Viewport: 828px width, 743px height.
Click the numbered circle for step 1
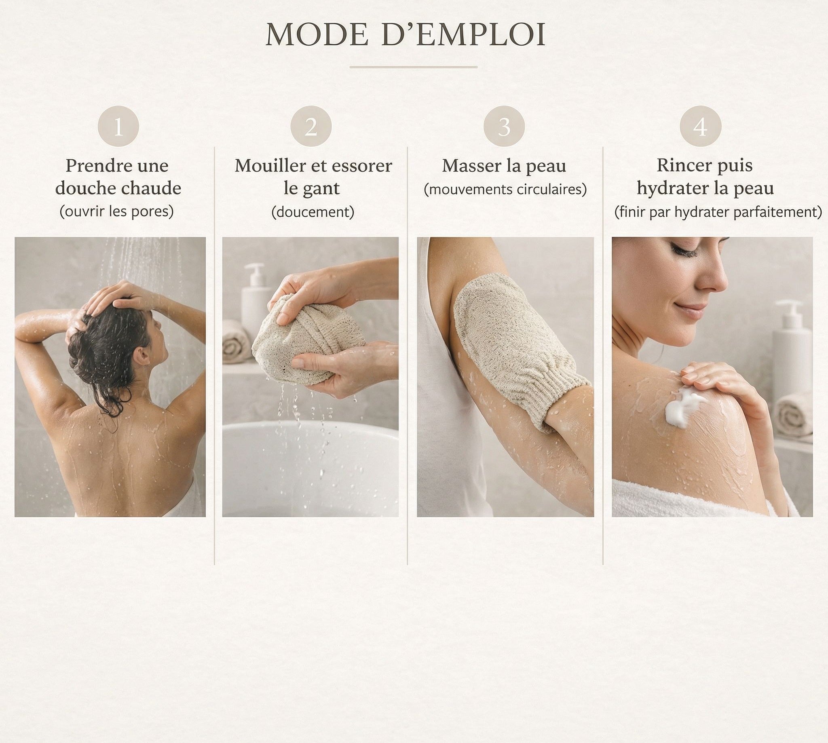coord(118,126)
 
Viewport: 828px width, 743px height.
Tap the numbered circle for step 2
coord(311,126)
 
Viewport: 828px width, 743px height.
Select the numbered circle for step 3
coord(504,126)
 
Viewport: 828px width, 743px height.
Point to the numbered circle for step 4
coord(701,126)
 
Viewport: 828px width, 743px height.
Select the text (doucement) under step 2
coord(313,212)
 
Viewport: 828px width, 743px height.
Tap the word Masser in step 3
coord(471,166)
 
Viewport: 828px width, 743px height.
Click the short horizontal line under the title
coord(414,67)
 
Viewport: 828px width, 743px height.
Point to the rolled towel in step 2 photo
coord(237,341)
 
